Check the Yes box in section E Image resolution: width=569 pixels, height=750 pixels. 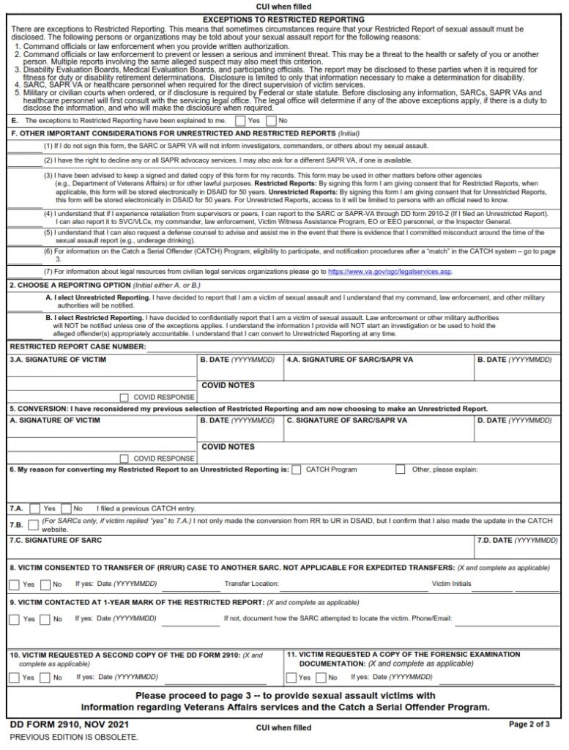pos(241,120)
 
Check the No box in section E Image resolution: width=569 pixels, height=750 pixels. pos(272,120)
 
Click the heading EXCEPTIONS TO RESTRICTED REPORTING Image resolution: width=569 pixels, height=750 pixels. pos(283,19)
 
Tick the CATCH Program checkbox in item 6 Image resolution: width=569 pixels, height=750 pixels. pos(296,469)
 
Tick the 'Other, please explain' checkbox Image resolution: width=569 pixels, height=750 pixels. pos(401,469)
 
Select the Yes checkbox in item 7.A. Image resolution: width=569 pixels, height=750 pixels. pos(34,508)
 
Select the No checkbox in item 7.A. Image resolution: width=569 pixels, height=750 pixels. pos(66,508)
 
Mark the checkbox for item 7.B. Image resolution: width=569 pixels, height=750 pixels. pos(34,524)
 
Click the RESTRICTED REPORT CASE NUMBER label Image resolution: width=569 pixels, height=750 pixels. pos(78,346)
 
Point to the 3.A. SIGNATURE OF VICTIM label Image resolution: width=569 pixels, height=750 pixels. pos(58,360)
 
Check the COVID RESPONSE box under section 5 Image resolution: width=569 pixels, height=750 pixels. pos(123,458)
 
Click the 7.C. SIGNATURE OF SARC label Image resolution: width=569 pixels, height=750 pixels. pos(56,541)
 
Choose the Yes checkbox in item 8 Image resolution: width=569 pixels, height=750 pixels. pos(14,584)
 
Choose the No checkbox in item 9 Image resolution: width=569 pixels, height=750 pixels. pos(45,619)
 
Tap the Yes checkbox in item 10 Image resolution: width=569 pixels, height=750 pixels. pos(14,677)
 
